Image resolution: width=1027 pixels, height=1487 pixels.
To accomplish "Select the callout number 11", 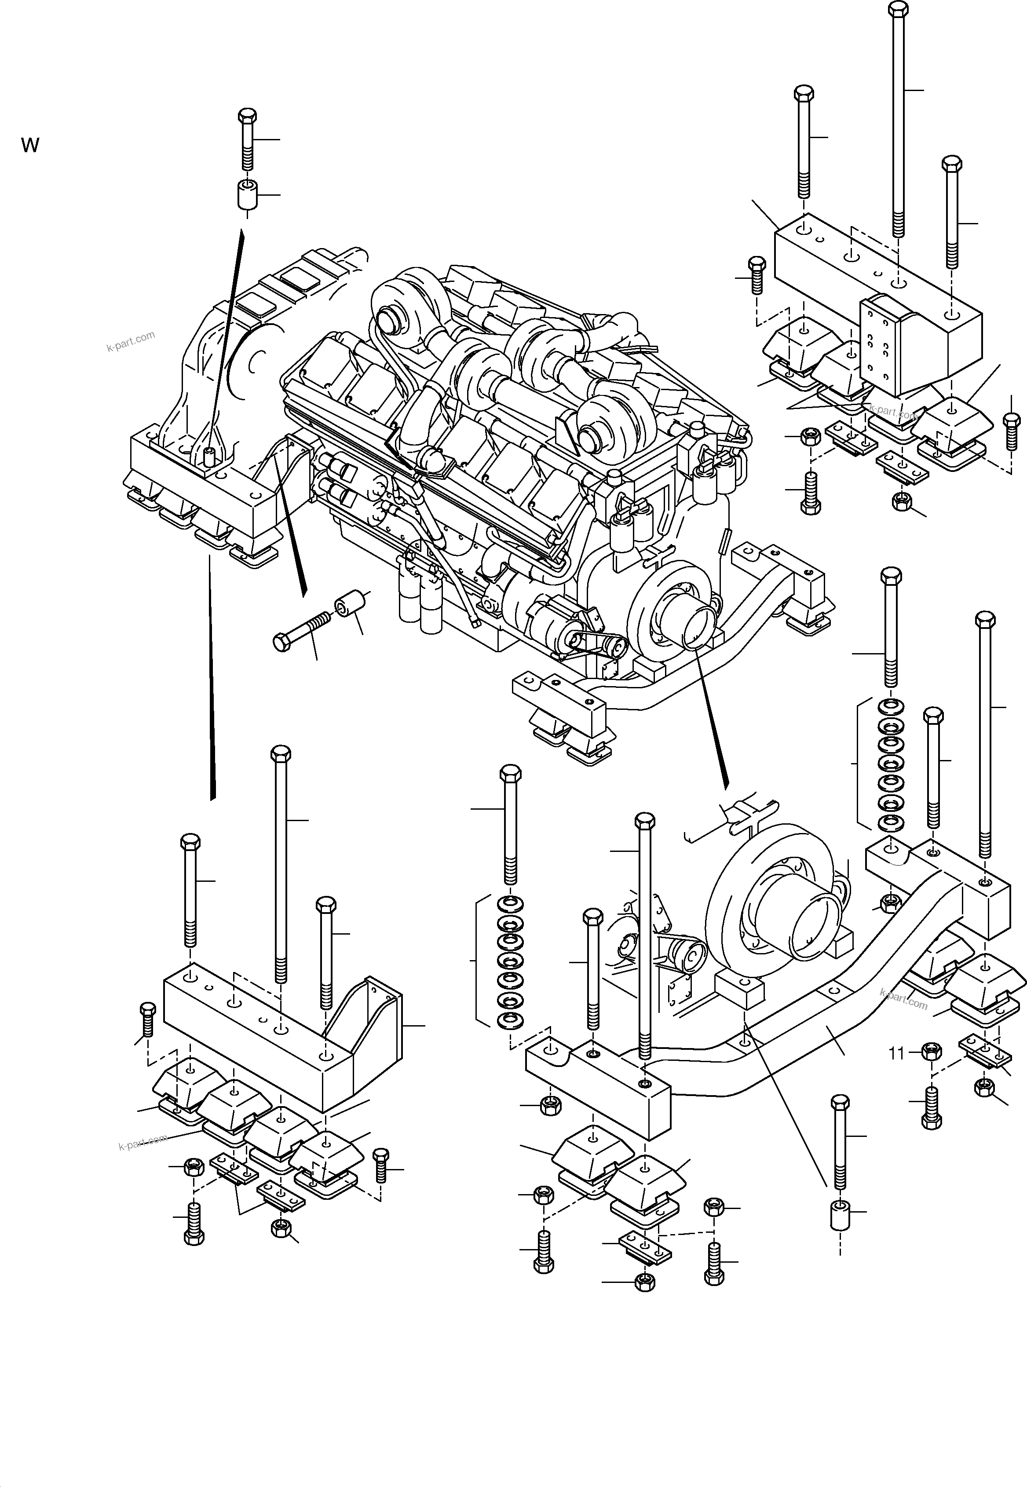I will coord(896,1053).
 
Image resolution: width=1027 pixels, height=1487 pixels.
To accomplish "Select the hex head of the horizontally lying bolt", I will coord(282,642).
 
